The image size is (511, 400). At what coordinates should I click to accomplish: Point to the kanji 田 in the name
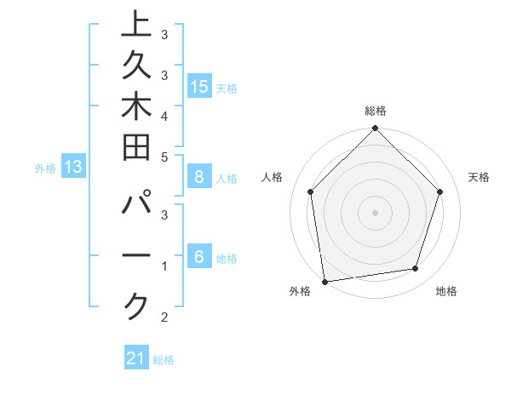137,151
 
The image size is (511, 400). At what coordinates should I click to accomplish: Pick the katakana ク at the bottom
137,306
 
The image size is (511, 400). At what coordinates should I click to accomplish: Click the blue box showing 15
199,86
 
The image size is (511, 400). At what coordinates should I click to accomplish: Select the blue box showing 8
199,177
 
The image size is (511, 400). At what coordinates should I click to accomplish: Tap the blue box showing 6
199,257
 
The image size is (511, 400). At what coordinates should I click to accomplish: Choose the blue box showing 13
73,168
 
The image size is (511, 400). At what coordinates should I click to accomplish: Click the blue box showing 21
136,358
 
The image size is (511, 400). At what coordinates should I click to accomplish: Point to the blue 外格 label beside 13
45,169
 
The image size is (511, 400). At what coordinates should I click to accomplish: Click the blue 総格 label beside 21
164,360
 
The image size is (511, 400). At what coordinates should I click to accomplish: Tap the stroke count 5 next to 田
164,157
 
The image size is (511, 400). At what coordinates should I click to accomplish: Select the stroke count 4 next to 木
164,115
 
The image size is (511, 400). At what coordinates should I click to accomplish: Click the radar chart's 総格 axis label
376,111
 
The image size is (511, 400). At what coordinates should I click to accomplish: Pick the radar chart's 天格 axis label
479,177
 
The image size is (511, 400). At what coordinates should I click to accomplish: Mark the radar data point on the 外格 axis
324,281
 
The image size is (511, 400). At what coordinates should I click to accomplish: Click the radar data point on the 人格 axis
311,191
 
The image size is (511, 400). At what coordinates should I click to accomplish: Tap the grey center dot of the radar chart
376,212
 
